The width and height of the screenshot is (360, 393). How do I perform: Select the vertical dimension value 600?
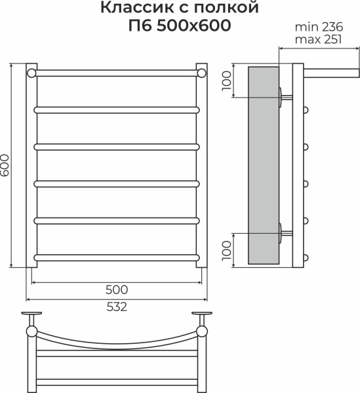click(x=6, y=166)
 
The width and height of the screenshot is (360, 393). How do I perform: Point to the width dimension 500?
click(x=115, y=290)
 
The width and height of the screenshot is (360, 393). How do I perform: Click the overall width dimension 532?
click(x=115, y=306)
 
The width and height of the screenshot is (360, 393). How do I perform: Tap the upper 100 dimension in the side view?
click(x=227, y=81)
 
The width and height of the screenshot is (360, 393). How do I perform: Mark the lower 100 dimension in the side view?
click(x=227, y=250)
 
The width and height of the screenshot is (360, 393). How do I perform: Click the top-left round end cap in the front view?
click(x=31, y=73)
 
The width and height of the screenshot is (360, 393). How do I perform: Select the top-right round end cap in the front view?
click(x=201, y=73)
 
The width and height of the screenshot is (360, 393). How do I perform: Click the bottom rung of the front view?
click(x=116, y=256)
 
